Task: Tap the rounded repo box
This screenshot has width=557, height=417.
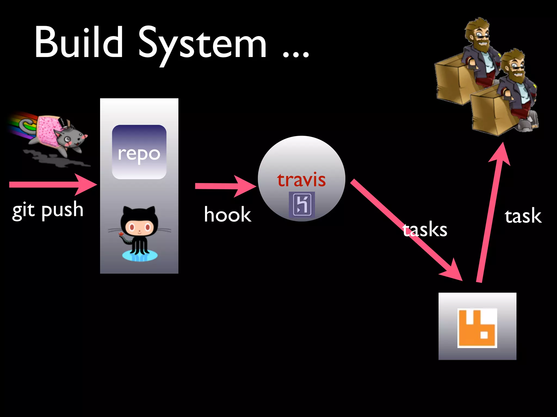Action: [x=139, y=152]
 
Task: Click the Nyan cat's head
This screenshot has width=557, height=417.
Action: [x=72, y=137]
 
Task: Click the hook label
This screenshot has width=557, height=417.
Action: [x=227, y=214]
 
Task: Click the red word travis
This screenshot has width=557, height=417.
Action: [x=301, y=180]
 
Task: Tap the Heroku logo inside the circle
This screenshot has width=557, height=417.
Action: [x=302, y=204]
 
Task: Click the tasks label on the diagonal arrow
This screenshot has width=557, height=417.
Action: [x=425, y=229]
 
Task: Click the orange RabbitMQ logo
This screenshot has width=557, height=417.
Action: [x=477, y=328]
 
